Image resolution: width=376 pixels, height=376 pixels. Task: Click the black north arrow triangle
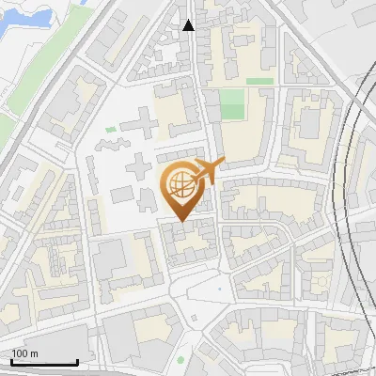click(x=189, y=25)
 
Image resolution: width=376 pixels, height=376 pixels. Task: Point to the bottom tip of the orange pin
click(x=180, y=222)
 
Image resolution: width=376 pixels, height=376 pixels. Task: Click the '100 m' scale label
click(x=24, y=352)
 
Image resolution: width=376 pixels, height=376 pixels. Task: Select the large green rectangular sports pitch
click(x=232, y=104)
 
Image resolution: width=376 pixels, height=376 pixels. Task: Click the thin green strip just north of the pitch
click(x=259, y=82)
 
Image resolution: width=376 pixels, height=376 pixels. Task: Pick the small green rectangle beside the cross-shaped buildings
click(x=111, y=129)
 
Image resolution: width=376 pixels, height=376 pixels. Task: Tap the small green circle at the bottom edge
click(x=180, y=360)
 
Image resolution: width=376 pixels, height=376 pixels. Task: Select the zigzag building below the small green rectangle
click(x=110, y=144)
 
